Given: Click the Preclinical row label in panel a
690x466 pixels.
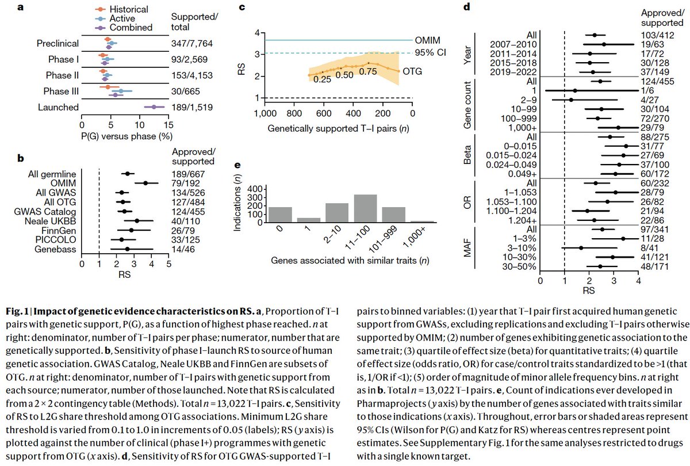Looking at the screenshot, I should coord(59,44).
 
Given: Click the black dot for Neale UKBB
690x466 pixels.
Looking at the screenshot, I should coord(137,220).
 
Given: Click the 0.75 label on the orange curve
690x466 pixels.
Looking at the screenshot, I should coord(369,72).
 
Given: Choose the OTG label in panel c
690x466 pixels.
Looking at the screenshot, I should coord(429,71).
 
